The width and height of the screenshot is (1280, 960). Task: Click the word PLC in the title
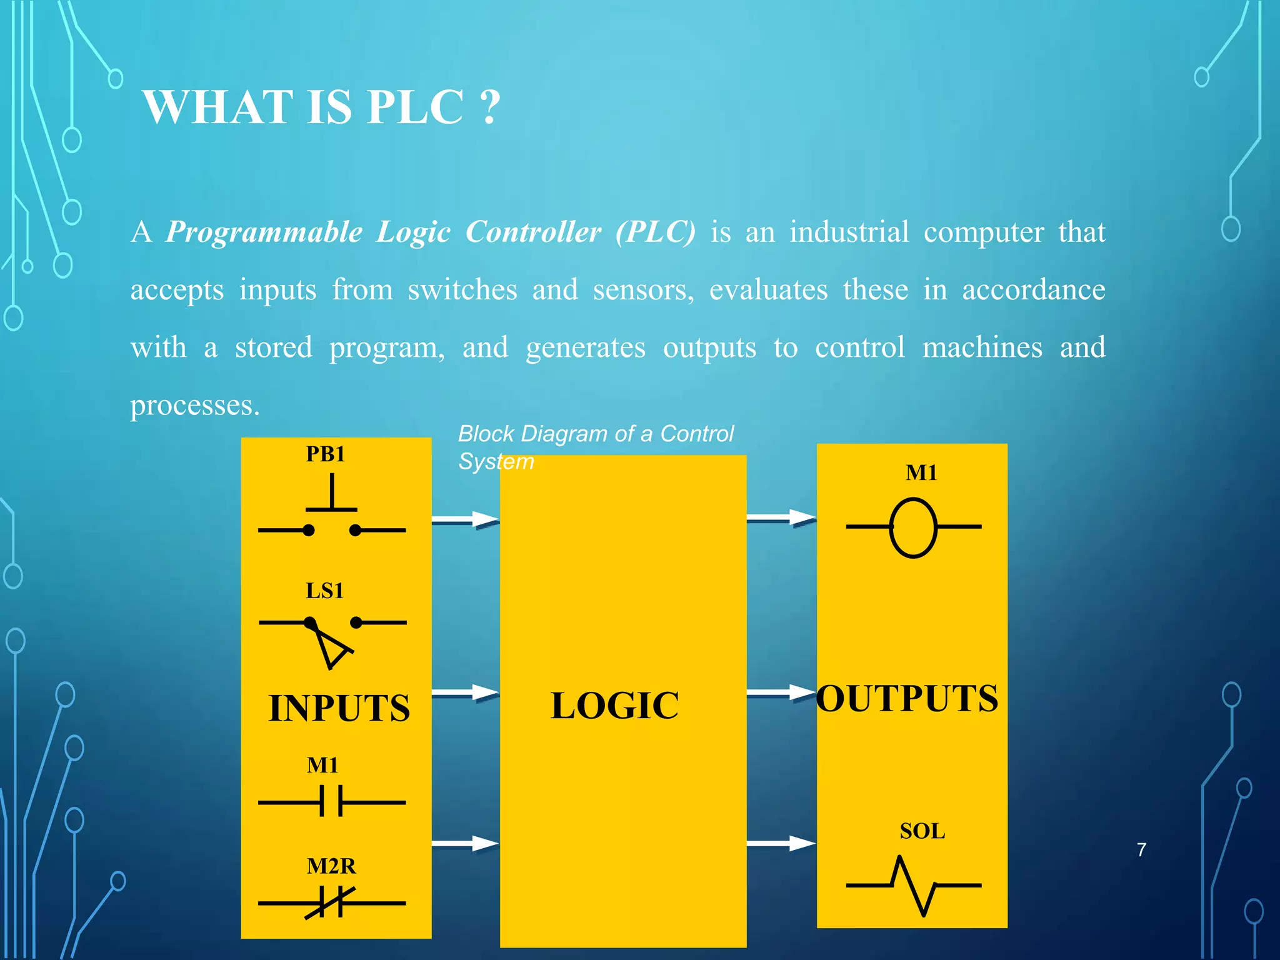415,107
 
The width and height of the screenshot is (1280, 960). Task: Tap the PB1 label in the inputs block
325,454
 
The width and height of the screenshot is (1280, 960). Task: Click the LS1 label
324,591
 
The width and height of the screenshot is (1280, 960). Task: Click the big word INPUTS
339,709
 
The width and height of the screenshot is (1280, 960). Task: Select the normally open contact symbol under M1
332,802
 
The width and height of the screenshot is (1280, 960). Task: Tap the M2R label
331,867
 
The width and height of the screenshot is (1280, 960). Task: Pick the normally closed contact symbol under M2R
332,903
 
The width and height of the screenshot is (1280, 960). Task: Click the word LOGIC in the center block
614,706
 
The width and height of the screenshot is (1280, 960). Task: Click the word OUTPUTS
907,699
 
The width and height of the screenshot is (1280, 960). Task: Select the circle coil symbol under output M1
913,527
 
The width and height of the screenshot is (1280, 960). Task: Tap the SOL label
922,832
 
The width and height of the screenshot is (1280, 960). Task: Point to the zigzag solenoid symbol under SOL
913,886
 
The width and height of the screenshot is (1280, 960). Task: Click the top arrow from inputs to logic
465,520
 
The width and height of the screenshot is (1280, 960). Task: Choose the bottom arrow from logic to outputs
781,844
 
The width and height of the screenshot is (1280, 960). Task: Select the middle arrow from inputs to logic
465,692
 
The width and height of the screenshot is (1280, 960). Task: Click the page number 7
1141,850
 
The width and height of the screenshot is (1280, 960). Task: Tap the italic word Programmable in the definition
264,232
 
